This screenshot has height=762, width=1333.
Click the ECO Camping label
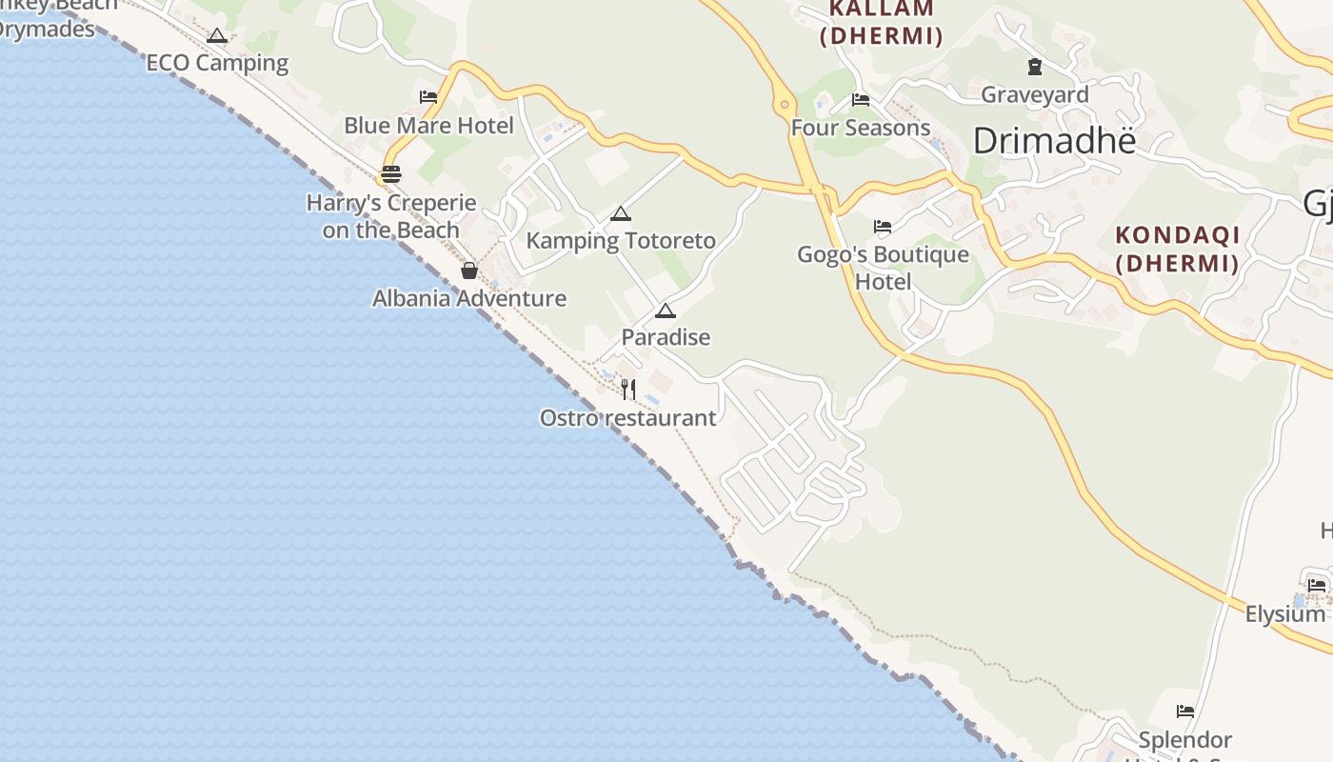(217, 63)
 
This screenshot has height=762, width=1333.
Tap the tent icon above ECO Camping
(217, 36)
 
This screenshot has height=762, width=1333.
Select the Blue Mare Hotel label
(428, 126)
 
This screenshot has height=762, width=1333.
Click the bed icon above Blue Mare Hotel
(428, 97)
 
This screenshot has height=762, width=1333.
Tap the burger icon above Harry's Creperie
(390, 174)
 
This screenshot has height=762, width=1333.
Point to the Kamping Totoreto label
(621, 240)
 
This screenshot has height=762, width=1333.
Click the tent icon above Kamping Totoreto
(621, 213)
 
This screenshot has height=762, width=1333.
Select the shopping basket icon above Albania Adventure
(469, 271)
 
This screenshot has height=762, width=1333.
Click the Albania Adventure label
(469, 298)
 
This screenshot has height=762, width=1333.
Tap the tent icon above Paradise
(666, 311)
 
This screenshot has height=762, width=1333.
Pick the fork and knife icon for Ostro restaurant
(628, 389)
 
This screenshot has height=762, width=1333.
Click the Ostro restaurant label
(628, 417)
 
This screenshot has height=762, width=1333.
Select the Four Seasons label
(861, 128)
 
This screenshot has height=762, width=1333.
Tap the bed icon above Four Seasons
(861, 99)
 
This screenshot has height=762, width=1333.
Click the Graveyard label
(1035, 94)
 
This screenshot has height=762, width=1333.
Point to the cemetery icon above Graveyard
(1035, 67)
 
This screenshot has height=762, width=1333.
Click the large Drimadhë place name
(1055, 141)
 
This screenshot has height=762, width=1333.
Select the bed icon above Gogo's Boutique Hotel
(883, 227)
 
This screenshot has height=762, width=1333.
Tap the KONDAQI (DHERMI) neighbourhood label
(1178, 249)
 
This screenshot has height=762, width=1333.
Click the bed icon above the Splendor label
(1185, 711)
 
